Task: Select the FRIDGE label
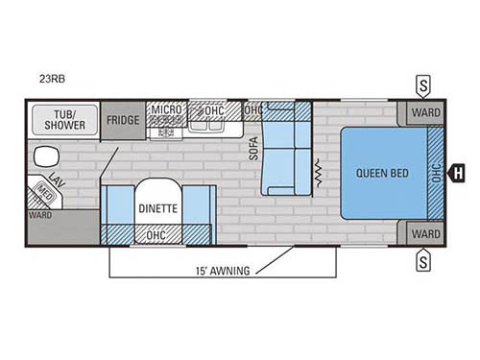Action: pos(123,120)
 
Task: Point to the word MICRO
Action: pos(166,110)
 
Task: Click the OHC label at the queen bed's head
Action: pos(437,174)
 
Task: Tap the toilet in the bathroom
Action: pos(45,156)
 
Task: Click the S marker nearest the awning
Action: pos(422,258)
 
